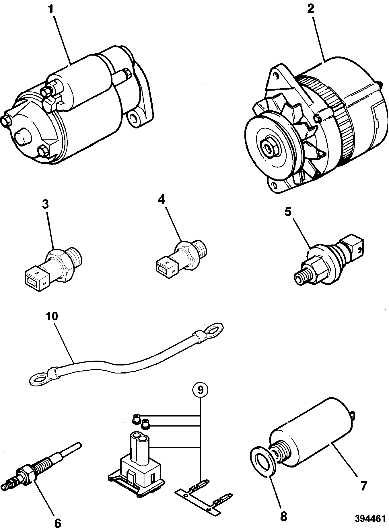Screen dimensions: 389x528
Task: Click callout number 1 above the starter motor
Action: (50, 10)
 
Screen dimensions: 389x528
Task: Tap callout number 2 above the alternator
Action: (311, 9)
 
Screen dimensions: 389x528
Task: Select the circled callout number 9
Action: (200, 390)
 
